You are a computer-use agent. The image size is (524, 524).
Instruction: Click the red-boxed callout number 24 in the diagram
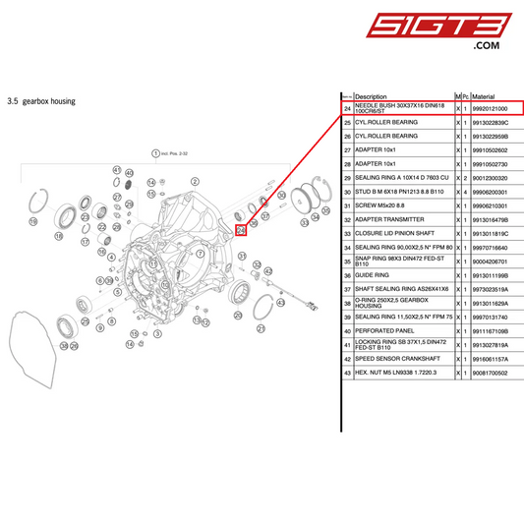coord(241,230)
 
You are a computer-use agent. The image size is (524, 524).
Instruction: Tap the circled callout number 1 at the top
coord(154,153)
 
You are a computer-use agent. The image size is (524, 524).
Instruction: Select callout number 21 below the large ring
coord(261,328)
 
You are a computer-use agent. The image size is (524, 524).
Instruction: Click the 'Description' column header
coord(371,96)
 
